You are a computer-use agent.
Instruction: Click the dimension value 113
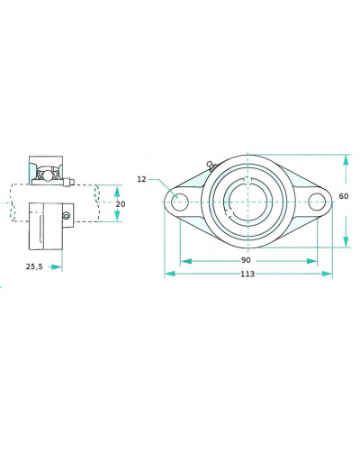247,274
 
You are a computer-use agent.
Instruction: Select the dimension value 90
246,260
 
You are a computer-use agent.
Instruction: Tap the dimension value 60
344,196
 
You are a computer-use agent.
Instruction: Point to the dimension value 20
121,204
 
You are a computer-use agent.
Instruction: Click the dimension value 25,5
34,266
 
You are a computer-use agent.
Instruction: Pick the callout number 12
141,179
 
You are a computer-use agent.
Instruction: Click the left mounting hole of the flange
180,202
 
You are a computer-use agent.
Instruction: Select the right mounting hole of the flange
317,202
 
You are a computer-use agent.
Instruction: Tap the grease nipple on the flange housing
211,166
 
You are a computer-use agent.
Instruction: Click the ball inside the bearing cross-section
48,175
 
